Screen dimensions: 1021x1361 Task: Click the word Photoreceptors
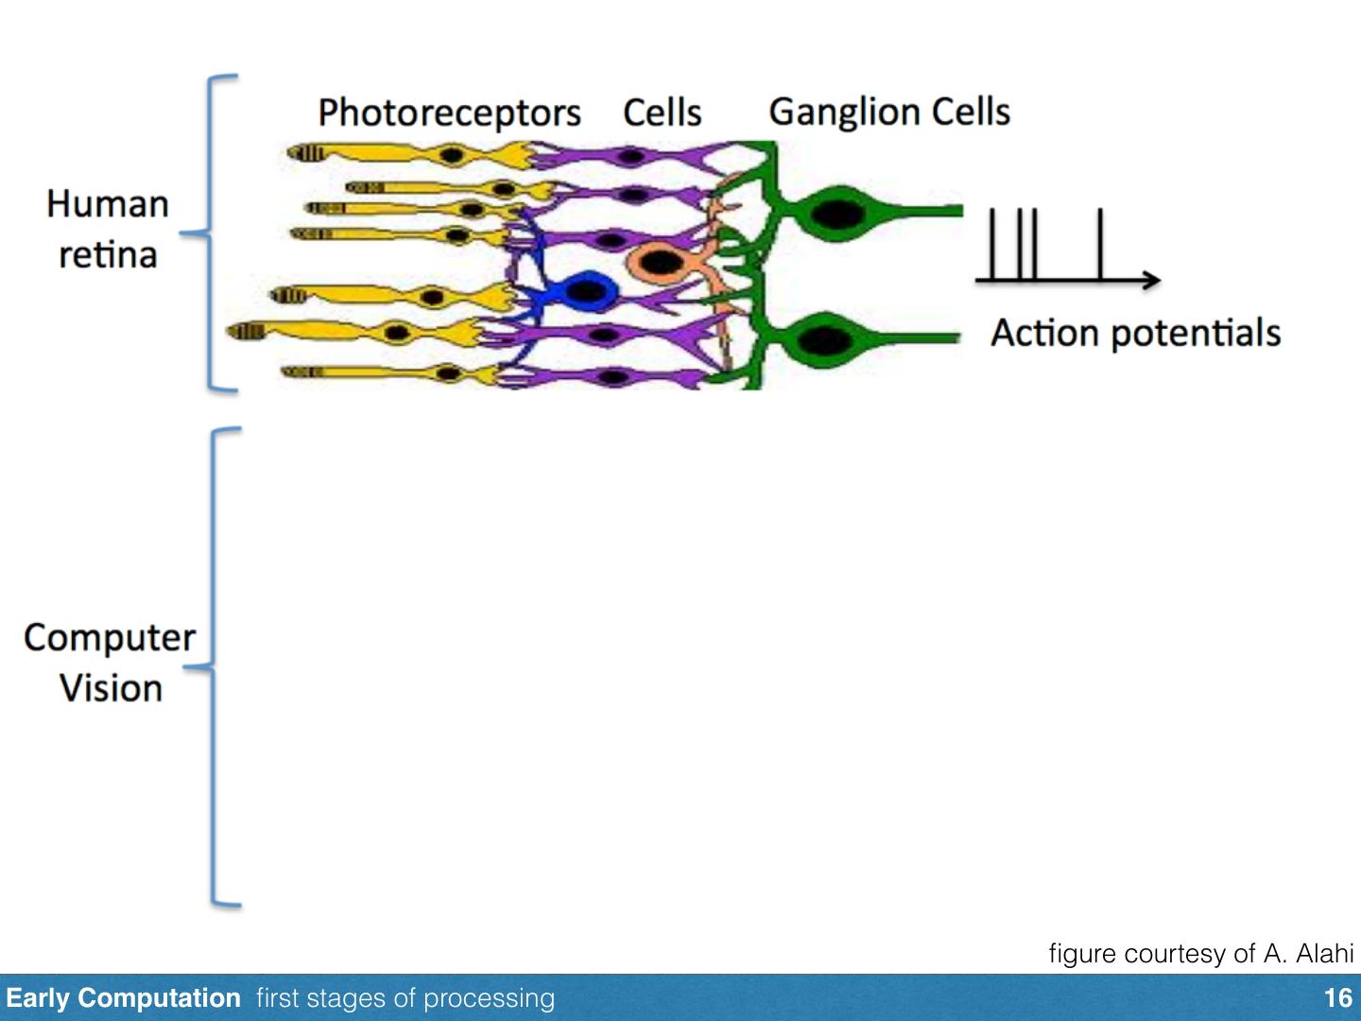click(x=449, y=112)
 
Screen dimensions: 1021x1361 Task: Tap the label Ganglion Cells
click(x=889, y=112)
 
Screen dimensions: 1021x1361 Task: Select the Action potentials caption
click(x=1135, y=333)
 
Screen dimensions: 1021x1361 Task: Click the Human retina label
click(x=108, y=229)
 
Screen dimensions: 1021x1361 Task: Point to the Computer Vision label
click(x=110, y=663)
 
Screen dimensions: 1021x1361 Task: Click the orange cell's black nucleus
click(x=660, y=262)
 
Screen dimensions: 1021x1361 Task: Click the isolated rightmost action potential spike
click(x=1100, y=244)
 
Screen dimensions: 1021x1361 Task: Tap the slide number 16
click(x=1337, y=998)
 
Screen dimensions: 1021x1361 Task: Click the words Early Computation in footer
click(x=123, y=998)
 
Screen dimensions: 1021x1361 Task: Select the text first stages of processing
click(x=405, y=998)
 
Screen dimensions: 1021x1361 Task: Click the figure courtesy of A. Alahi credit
click(x=1200, y=953)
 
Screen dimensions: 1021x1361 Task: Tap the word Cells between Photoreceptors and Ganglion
click(x=662, y=113)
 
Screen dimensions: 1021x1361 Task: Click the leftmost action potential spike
click(x=991, y=244)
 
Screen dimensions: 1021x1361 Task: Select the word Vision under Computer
click(x=111, y=688)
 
